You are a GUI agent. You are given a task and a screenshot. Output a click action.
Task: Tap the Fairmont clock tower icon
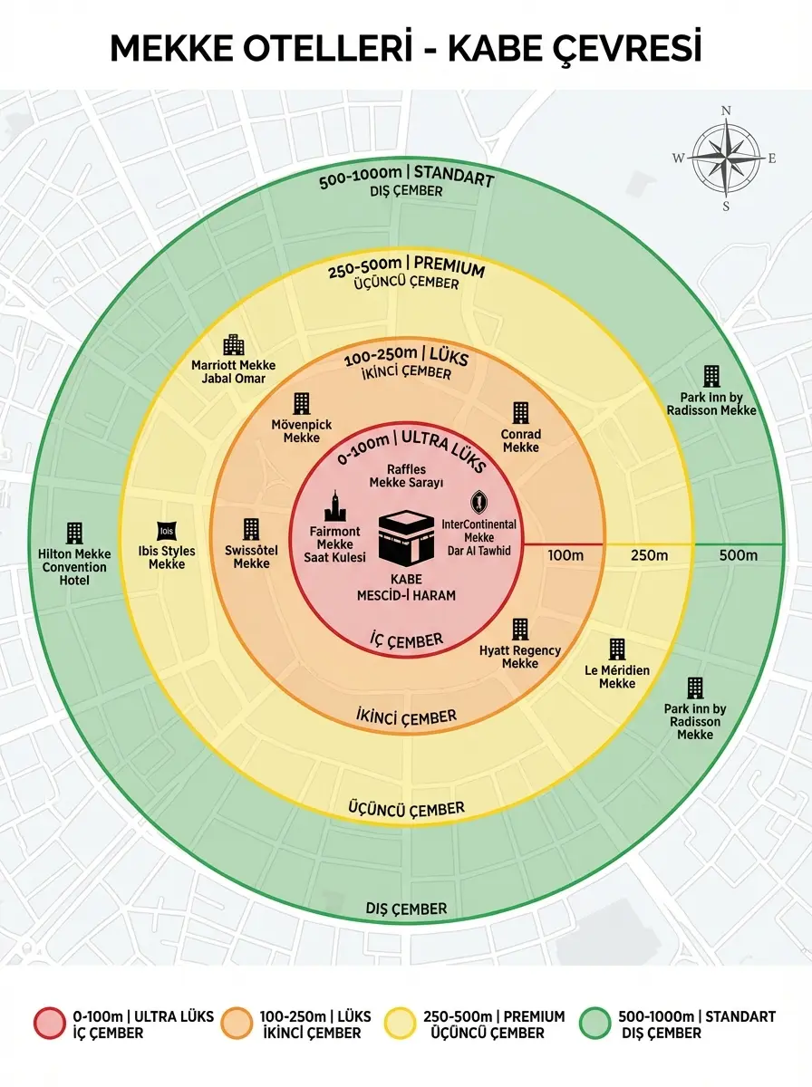click(335, 505)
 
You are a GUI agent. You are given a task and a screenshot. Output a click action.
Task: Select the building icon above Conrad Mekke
click(520, 413)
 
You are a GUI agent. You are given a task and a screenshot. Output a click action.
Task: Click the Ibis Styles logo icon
click(167, 532)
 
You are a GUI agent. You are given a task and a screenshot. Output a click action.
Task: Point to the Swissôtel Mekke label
click(251, 556)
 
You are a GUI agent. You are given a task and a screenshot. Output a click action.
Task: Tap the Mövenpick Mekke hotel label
click(301, 431)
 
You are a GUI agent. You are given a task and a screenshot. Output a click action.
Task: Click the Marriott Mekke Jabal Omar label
click(233, 371)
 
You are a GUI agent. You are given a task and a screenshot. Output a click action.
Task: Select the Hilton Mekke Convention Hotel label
click(74, 566)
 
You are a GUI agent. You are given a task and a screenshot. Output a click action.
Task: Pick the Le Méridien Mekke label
click(617, 677)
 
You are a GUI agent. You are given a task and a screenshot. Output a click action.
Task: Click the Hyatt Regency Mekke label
click(519, 657)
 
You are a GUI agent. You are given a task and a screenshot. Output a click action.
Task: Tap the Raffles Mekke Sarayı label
click(406, 476)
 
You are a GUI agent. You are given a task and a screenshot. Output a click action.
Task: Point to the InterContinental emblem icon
click(478, 501)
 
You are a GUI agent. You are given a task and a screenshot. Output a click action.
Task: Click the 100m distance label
click(565, 555)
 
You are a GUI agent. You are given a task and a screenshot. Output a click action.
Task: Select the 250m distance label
click(649, 555)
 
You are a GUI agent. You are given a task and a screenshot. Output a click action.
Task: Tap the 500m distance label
click(739, 555)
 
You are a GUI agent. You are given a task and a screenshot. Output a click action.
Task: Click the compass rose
click(726, 159)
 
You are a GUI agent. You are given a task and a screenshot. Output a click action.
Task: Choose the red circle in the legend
click(50, 1023)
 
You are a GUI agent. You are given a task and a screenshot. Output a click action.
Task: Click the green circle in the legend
click(594, 1023)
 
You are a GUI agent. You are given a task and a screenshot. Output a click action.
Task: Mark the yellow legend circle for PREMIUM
click(400, 1023)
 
